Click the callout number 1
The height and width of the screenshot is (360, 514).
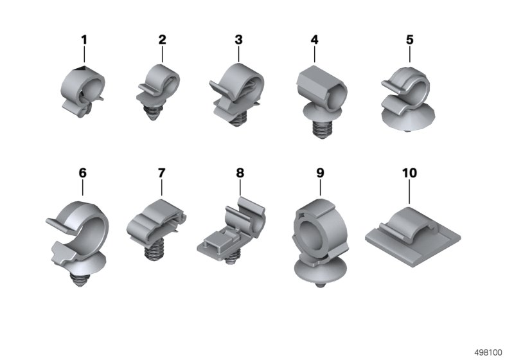84,40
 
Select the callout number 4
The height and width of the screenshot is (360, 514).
314,40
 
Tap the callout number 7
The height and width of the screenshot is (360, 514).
162,173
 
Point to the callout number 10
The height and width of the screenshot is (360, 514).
409,173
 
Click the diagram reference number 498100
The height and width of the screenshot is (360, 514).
488,353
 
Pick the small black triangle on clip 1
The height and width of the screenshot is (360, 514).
81,68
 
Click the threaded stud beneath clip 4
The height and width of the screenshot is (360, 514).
322,129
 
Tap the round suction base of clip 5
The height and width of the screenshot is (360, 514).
409,119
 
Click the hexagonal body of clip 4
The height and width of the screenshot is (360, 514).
322,86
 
